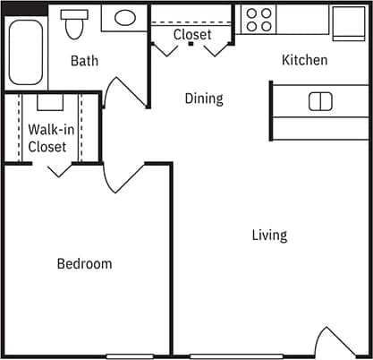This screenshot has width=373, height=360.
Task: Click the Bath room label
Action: (85, 61)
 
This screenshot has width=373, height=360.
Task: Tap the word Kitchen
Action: (305, 60)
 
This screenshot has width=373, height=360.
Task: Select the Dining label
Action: (204, 98)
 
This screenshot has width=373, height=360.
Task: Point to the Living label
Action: (269, 235)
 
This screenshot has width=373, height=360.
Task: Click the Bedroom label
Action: (84, 263)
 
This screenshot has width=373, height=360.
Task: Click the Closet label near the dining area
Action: (192, 34)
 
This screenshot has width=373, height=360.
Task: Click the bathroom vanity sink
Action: (125, 17)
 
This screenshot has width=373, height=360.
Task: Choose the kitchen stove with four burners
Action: (259, 20)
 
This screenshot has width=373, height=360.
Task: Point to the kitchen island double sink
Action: (320, 101)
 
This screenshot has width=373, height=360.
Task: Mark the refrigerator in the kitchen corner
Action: (347, 23)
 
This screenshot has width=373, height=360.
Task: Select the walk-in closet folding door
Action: (60, 167)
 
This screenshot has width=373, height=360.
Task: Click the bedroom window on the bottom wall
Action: (130, 356)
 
